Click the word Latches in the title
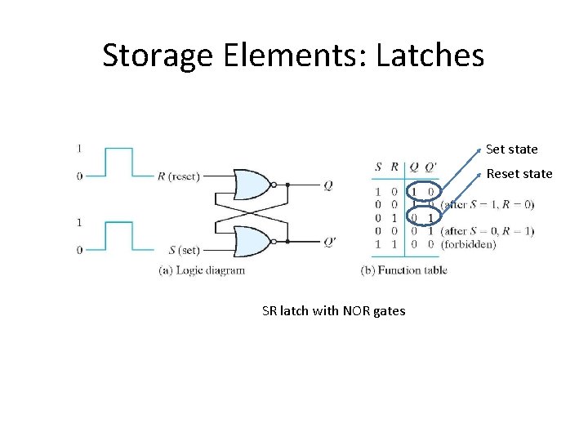432,56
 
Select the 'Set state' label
511,149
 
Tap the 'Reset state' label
519,174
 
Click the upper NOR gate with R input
252,185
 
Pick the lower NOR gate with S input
252,240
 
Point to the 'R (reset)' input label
178,176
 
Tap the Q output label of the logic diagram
327,185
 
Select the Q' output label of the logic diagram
328,241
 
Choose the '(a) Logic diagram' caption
202,270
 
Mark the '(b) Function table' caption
403,270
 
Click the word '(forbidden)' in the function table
468,244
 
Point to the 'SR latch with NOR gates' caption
333,310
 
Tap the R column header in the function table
394,167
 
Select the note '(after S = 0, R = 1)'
487,231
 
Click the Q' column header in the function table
430,167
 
